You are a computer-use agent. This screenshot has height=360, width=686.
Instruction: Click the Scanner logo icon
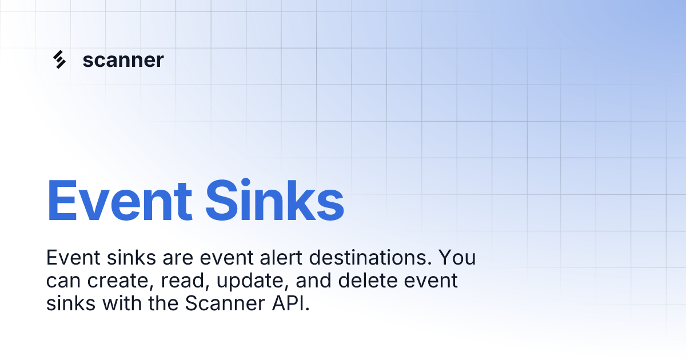pyautogui.click(x=59, y=60)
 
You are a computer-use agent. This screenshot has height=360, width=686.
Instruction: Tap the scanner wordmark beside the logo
pyautogui.click(x=123, y=60)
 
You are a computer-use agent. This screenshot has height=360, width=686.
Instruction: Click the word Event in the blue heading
pyautogui.click(x=119, y=201)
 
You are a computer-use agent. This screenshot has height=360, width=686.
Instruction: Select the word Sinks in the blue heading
pyautogui.click(x=274, y=201)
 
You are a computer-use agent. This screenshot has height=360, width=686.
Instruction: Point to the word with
pyautogui.click(x=121, y=304)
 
